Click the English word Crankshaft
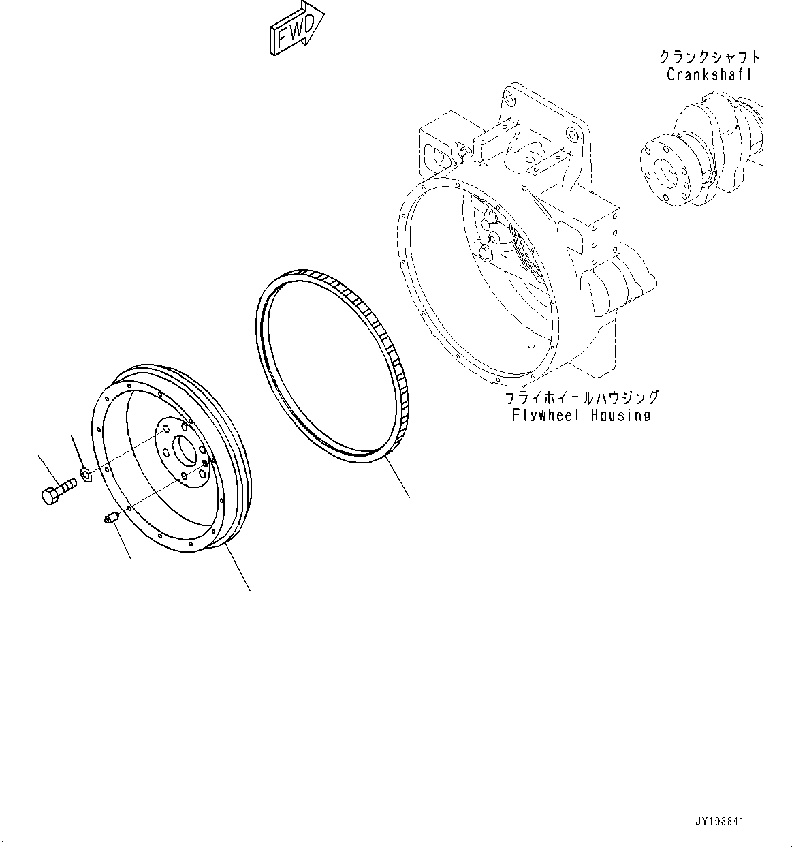(x=709, y=74)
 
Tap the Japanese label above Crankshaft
(x=709, y=57)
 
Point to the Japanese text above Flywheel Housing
(x=581, y=397)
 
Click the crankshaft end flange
(x=664, y=170)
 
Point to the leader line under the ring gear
(x=397, y=478)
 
